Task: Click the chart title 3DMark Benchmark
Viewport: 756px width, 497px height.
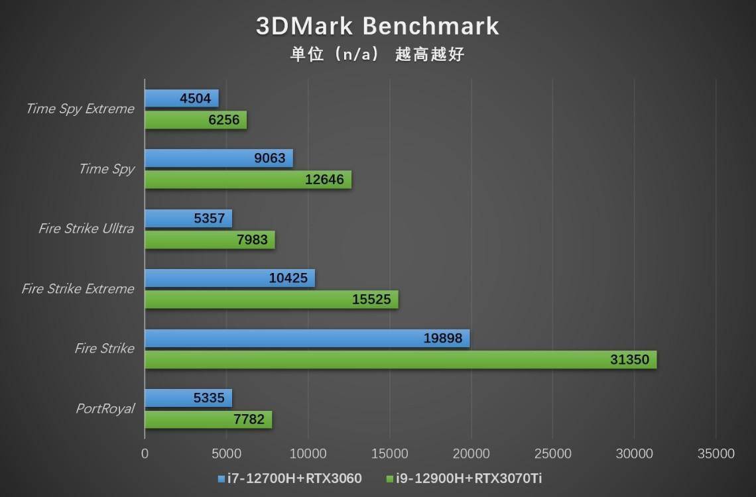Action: (x=377, y=26)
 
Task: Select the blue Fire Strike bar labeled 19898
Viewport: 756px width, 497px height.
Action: (x=307, y=339)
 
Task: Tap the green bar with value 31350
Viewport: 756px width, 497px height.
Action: (x=401, y=360)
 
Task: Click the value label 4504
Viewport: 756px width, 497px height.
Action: (x=195, y=99)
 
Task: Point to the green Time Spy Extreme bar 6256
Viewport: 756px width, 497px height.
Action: (x=196, y=120)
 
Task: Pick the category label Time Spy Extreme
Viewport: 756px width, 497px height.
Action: (x=80, y=109)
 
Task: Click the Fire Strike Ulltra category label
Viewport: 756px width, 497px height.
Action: (x=86, y=229)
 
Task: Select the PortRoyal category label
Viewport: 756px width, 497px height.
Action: (x=104, y=408)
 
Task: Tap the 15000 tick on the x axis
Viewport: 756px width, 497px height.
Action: (x=389, y=454)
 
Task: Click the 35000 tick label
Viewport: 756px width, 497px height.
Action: (x=716, y=454)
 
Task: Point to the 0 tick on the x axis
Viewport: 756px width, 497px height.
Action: (x=145, y=454)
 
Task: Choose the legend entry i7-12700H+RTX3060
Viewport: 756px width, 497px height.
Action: (x=289, y=478)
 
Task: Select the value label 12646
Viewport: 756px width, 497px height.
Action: (x=324, y=180)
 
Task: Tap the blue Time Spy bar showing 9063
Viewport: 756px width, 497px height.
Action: (x=219, y=158)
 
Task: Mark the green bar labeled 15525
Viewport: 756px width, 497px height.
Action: (x=271, y=300)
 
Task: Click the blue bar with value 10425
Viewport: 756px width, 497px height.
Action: (x=229, y=278)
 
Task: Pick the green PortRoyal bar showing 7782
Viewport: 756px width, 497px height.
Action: (x=208, y=419)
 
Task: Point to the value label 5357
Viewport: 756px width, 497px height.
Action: (x=209, y=219)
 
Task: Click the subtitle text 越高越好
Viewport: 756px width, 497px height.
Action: (x=430, y=54)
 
